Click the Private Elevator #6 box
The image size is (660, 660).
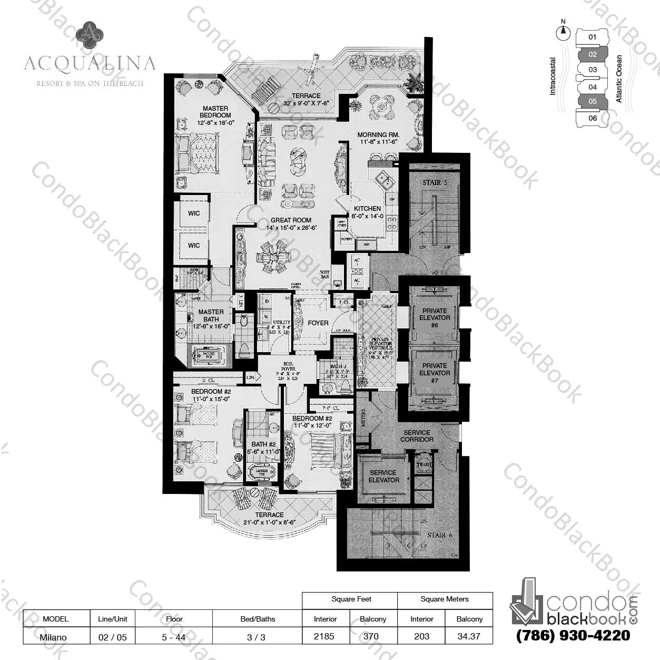(x=435, y=318)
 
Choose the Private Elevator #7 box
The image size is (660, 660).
(x=435, y=373)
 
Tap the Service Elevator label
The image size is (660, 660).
(x=383, y=477)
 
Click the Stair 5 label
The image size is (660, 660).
(x=434, y=182)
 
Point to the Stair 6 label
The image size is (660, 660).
(x=439, y=535)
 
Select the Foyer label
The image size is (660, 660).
(x=318, y=323)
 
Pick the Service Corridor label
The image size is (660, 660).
(x=417, y=436)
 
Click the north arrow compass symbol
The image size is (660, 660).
(x=564, y=32)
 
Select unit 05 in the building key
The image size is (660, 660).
(x=593, y=101)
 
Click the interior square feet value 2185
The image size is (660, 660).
(x=324, y=636)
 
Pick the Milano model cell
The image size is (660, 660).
(x=54, y=637)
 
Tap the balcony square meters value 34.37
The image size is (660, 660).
(x=469, y=636)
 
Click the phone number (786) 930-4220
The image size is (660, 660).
(x=573, y=635)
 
